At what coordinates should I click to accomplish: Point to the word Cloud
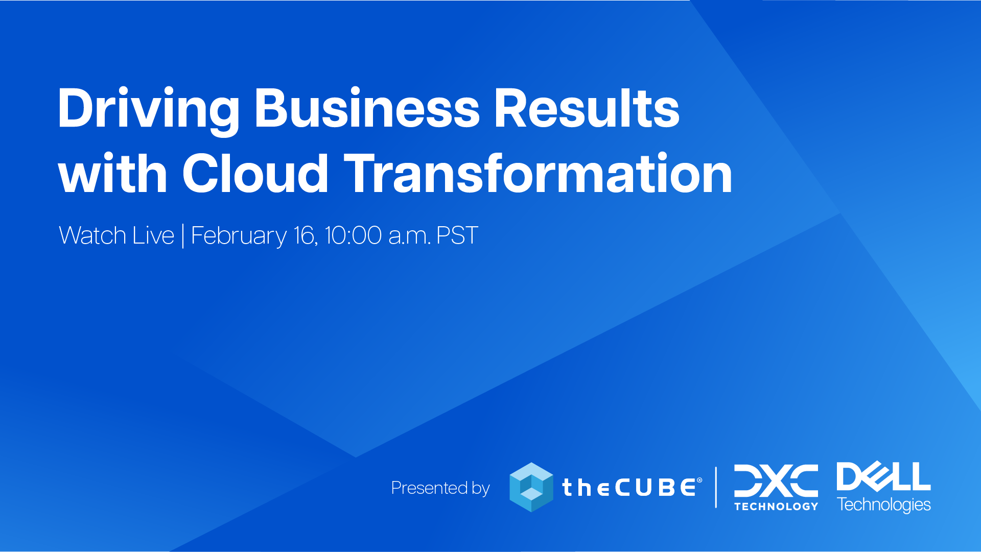[x=255, y=174]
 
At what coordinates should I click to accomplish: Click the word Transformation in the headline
[x=539, y=174]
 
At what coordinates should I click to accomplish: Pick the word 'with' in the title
[x=113, y=174]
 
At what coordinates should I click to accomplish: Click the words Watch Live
[x=116, y=235]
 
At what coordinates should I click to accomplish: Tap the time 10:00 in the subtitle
[x=353, y=235]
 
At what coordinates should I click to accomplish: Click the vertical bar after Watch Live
[x=183, y=236]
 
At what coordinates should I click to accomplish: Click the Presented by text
[x=440, y=488]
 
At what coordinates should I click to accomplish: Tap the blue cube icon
[x=531, y=487]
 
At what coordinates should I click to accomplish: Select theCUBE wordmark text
[x=632, y=488]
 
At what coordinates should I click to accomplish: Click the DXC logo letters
[x=776, y=481]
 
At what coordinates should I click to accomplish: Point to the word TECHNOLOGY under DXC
[x=776, y=506]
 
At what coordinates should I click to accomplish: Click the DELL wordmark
[x=883, y=476]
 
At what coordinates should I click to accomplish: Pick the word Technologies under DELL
[x=884, y=505]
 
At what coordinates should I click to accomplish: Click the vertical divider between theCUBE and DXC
[x=716, y=487]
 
